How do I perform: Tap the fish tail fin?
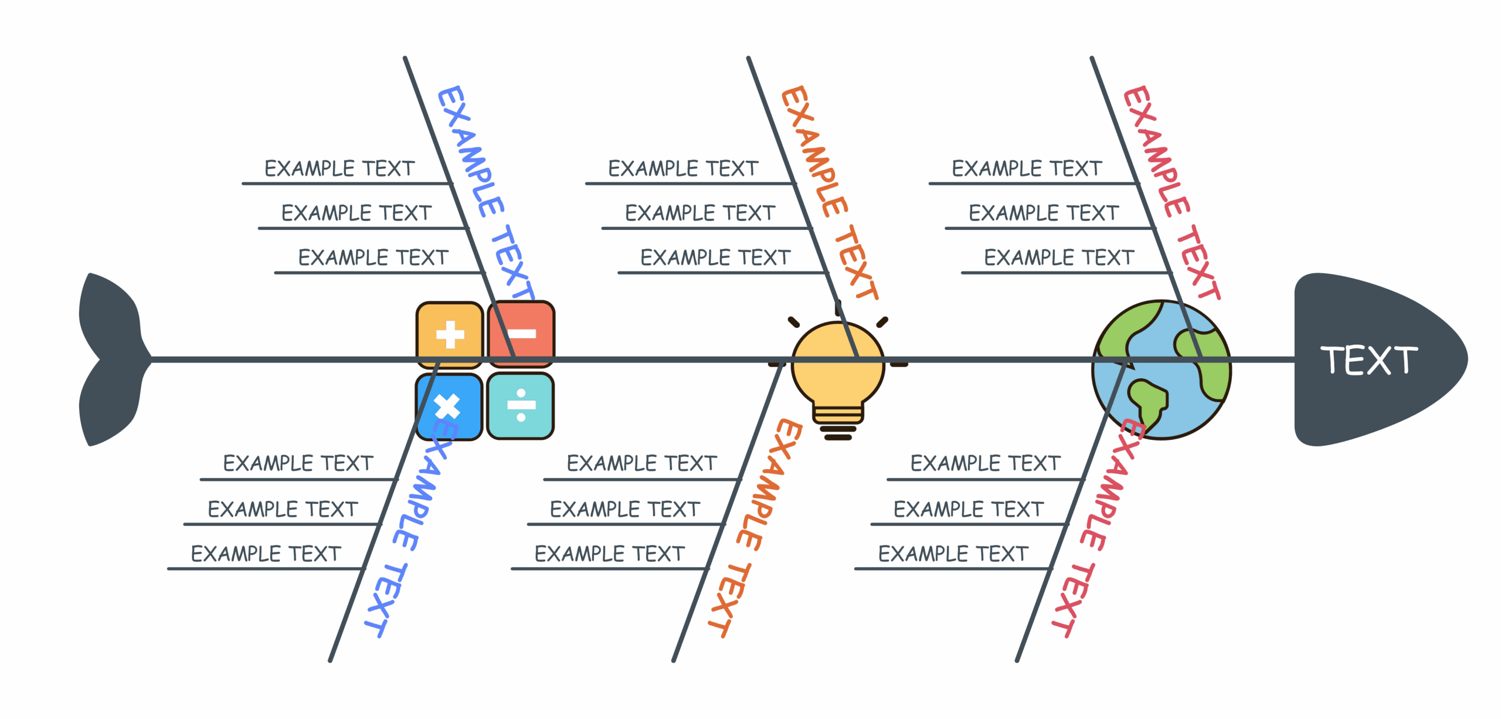(111, 359)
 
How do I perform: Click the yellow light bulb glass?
(837, 364)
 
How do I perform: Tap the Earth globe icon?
(1161, 369)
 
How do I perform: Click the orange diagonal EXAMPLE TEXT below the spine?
(755, 528)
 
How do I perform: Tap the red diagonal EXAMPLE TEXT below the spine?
(1098, 528)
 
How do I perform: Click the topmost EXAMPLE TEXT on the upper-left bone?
(339, 169)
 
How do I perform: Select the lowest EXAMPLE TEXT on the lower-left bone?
(266, 554)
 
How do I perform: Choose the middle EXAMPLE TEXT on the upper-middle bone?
(700, 213)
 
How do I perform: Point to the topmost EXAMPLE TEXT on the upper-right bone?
(1027, 169)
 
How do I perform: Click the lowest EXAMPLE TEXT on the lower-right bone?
(953, 554)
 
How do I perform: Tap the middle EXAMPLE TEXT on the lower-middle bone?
(625, 509)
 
